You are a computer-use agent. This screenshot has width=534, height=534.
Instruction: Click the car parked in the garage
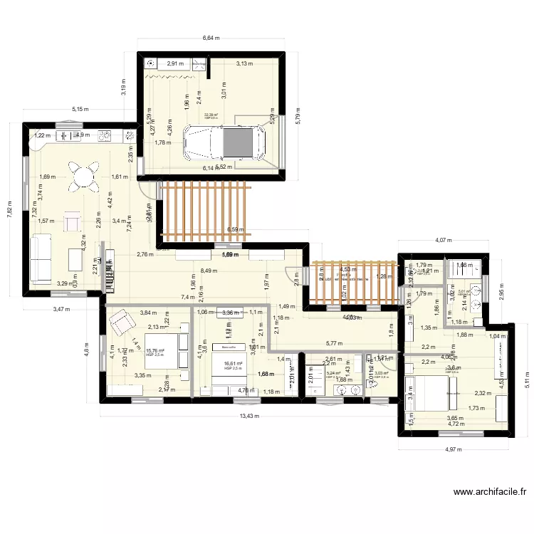click(224, 142)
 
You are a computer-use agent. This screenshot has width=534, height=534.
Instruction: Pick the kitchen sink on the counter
click(70, 134)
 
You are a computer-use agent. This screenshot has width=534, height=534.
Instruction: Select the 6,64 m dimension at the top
click(211, 38)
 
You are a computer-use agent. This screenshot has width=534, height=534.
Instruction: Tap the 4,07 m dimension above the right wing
click(444, 241)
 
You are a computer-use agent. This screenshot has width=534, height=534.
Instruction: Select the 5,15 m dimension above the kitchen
click(80, 109)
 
